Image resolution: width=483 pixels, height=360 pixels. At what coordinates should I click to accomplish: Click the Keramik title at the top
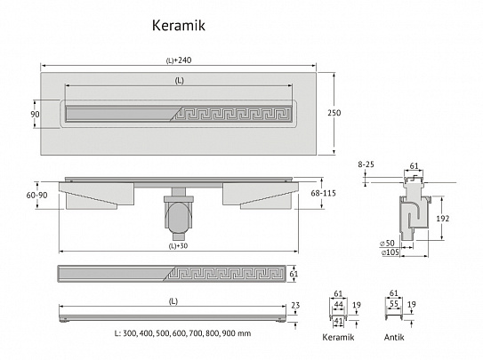pyautogui.click(x=179, y=25)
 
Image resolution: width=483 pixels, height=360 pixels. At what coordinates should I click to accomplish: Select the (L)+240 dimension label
pyautogui.click(x=179, y=60)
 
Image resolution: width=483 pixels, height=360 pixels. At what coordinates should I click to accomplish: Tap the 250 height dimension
pyautogui.click(x=334, y=113)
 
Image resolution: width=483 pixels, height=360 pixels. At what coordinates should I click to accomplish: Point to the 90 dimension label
pyautogui.click(x=35, y=114)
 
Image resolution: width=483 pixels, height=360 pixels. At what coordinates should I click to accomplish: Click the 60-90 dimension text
pyautogui.click(x=37, y=195)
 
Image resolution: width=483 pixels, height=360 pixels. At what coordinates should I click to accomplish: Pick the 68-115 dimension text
pyautogui.click(x=323, y=193)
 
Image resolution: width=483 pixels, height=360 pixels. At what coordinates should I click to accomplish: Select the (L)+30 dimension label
pyautogui.click(x=179, y=246)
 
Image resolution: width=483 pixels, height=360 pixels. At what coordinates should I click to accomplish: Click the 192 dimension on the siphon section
pyautogui.click(x=443, y=219)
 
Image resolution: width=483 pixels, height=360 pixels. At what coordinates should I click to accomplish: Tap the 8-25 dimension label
pyautogui.click(x=366, y=164)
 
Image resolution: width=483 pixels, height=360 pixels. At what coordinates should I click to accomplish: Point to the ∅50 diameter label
pyautogui.click(x=387, y=243)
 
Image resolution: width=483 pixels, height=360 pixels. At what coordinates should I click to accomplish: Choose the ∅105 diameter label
pyautogui.click(x=390, y=252)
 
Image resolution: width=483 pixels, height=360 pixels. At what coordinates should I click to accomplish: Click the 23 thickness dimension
pyautogui.click(x=295, y=305)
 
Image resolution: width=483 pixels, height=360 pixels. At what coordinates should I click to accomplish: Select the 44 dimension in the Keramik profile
pyautogui.click(x=338, y=305)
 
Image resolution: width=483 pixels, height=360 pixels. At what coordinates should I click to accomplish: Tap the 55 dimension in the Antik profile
pyautogui.click(x=394, y=304)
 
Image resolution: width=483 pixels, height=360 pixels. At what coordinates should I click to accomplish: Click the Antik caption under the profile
pyautogui.click(x=394, y=338)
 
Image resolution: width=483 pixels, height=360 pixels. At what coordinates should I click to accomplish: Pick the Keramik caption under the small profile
pyautogui.click(x=338, y=337)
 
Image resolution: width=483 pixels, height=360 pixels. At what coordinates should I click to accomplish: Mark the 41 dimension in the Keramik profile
pyautogui.click(x=338, y=321)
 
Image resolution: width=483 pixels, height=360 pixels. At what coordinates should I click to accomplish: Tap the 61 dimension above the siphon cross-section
pyautogui.click(x=414, y=166)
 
